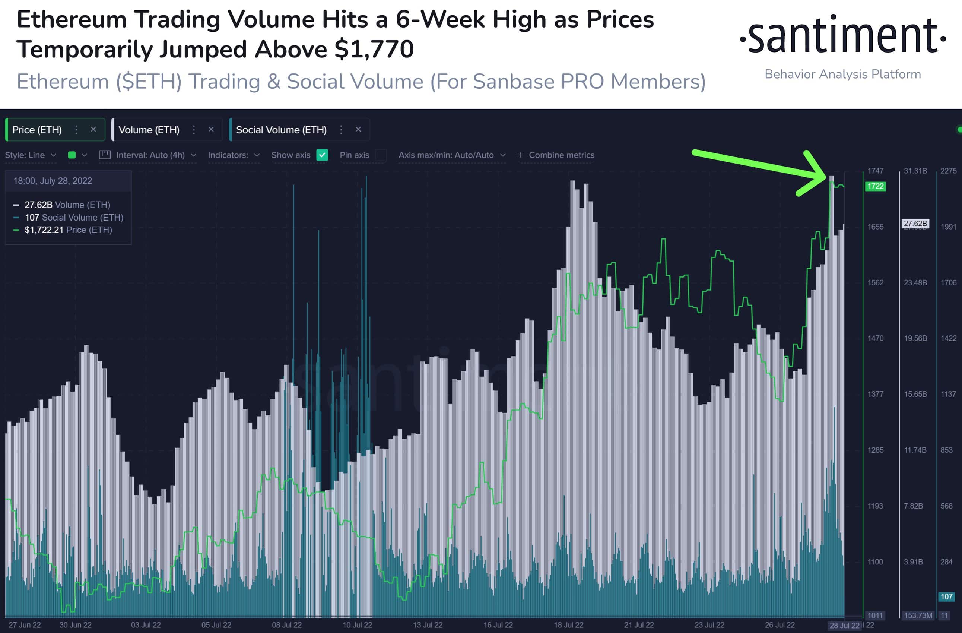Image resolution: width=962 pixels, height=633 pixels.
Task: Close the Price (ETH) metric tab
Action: tap(93, 129)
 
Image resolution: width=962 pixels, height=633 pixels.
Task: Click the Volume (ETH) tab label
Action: tap(149, 130)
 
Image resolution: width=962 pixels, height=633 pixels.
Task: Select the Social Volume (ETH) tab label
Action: tap(281, 130)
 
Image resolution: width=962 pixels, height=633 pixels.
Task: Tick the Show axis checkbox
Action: tap(322, 155)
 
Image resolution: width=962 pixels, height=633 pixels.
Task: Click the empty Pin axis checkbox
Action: tap(381, 155)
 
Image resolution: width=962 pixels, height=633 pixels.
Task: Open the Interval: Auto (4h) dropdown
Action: tap(150, 155)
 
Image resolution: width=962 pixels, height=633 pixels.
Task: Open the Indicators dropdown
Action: tap(234, 155)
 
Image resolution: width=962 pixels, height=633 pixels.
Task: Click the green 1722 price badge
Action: tap(875, 186)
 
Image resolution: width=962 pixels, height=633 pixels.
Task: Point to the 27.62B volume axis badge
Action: tap(915, 223)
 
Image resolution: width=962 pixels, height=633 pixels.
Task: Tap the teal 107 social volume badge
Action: tap(946, 596)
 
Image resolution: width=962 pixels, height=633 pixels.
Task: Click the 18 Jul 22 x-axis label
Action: tap(568, 625)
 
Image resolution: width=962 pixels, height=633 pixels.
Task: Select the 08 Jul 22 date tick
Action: tap(286, 625)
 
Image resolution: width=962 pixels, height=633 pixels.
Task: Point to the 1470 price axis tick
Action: tap(875, 338)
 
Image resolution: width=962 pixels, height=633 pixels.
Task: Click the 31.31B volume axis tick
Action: tap(915, 171)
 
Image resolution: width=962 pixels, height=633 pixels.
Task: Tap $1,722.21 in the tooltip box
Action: tap(44, 230)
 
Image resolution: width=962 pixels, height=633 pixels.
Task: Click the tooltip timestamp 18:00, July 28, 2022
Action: tap(53, 181)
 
